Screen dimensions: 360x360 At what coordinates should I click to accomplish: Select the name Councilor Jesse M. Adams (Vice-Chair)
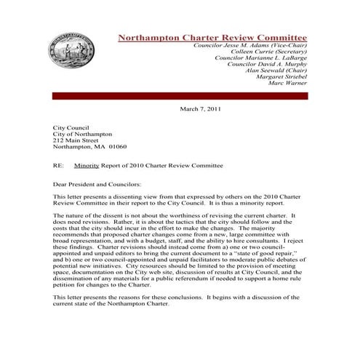[x=250, y=45]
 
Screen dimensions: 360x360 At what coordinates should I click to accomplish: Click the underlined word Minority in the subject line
[x=91, y=165]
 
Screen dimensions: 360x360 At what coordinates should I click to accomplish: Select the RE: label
[x=59, y=165]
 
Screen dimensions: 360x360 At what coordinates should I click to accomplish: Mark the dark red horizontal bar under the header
[x=180, y=95]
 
